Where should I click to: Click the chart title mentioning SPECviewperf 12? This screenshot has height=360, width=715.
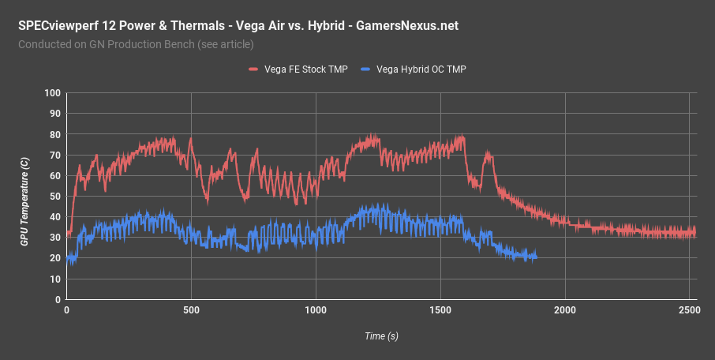[238, 26]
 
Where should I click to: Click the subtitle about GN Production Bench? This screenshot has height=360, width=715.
[136, 44]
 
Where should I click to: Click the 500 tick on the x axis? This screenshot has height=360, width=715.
[191, 311]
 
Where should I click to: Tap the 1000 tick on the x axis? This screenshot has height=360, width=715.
[316, 311]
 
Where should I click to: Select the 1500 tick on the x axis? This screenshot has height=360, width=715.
[440, 311]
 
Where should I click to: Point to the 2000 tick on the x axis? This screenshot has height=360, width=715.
[565, 311]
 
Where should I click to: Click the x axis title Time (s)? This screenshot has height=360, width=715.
[381, 336]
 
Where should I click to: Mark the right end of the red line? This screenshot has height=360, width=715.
[695, 233]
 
